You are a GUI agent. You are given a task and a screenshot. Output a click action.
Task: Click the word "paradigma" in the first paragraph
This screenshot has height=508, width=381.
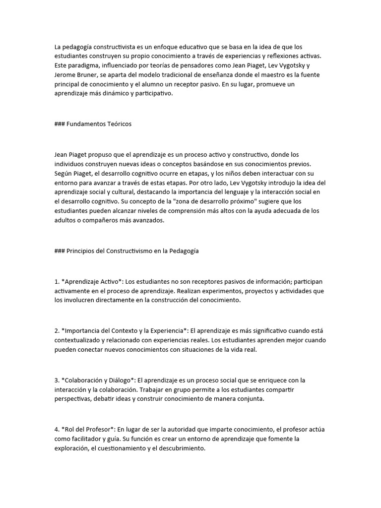click(x=82, y=65)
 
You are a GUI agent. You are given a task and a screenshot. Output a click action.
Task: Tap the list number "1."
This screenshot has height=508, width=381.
click(x=57, y=281)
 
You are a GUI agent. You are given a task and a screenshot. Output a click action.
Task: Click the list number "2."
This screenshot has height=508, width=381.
click(x=57, y=330)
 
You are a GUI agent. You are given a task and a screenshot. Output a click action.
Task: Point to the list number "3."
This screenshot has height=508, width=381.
click(x=57, y=380)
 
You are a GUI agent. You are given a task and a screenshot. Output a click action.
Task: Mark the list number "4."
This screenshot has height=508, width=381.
click(x=57, y=429)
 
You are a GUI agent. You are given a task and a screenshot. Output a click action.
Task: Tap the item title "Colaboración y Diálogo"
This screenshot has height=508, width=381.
click(x=97, y=380)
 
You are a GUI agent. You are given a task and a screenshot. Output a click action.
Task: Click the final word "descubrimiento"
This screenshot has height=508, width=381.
click(x=179, y=448)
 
